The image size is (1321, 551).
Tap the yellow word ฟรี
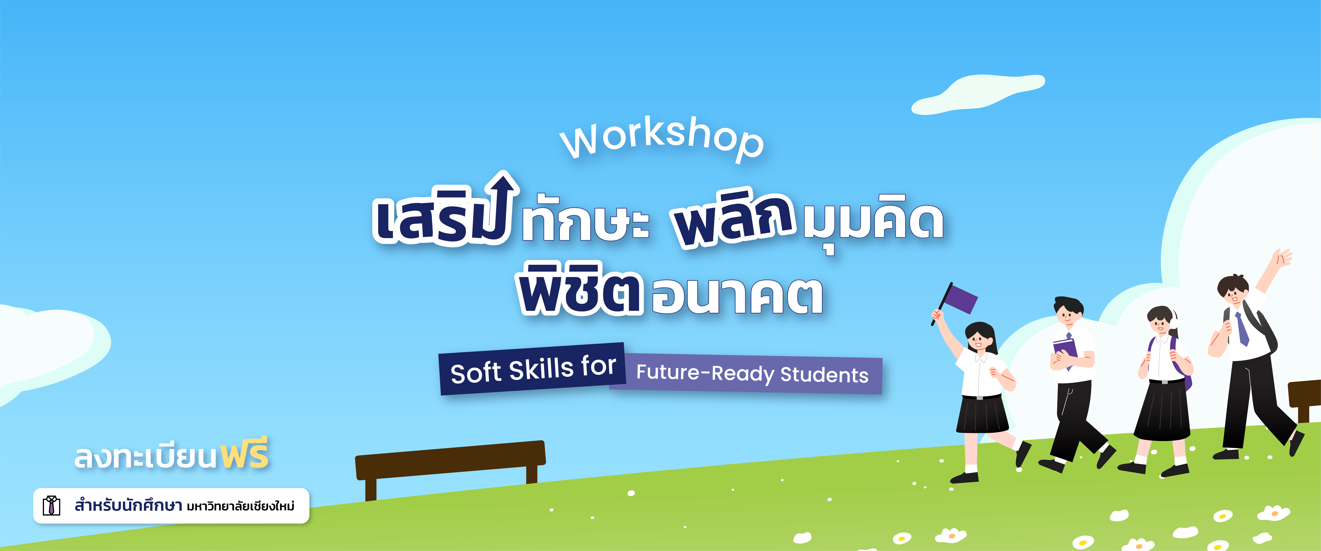tap(245, 454)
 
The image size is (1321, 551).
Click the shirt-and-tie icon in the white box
tap(51, 506)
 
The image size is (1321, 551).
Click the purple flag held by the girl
tap(960, 299)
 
